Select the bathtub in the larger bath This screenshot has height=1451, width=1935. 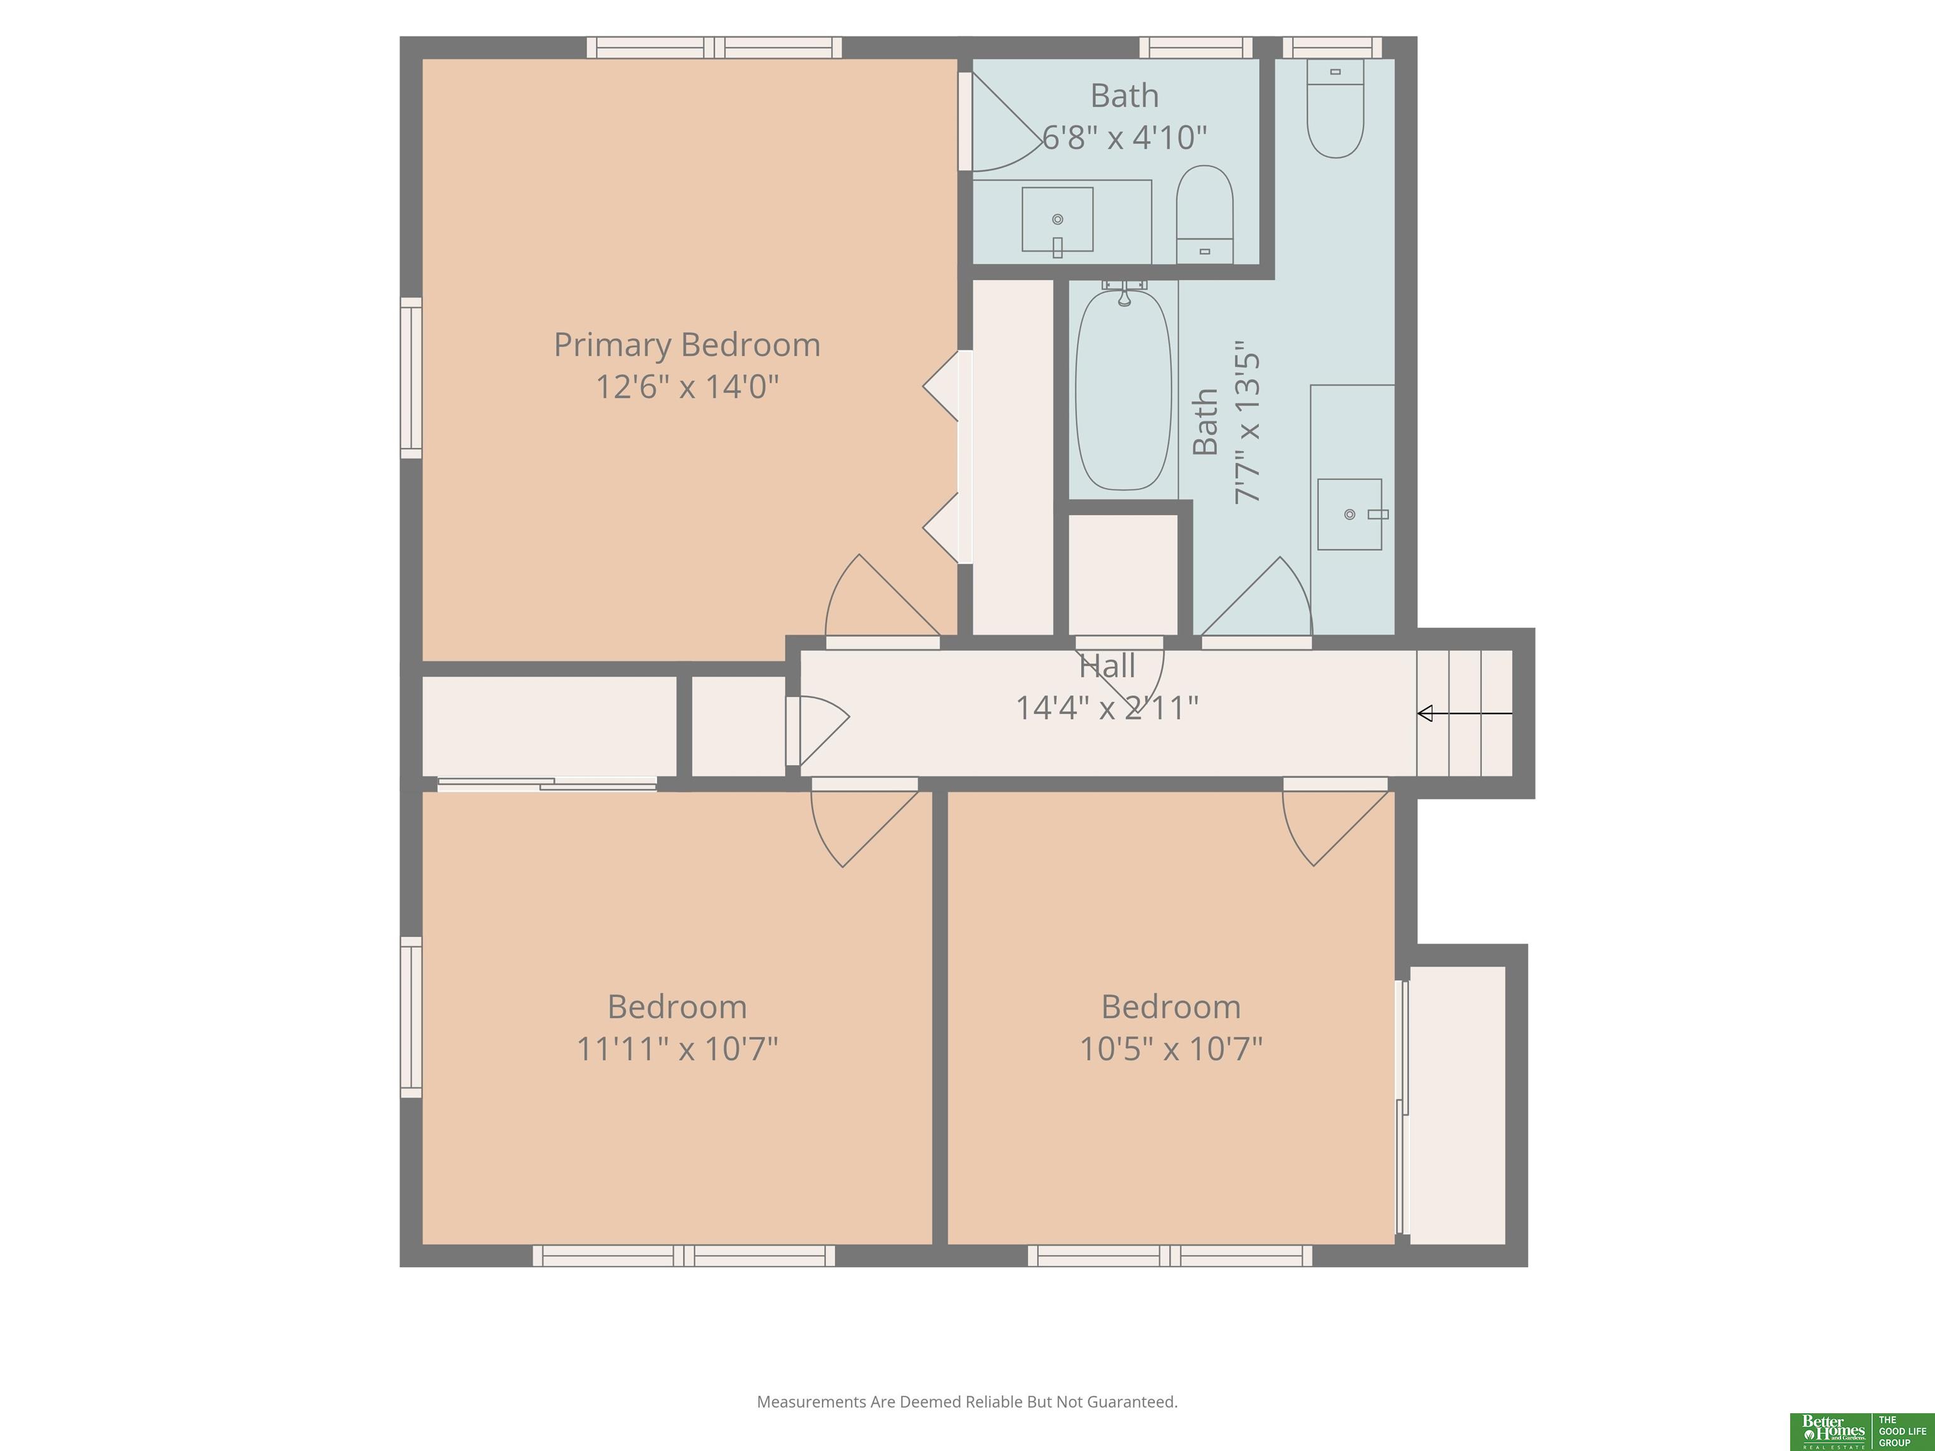tap(1123, 390)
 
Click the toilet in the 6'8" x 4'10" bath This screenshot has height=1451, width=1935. tap(1204, 214)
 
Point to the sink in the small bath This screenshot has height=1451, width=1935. tap(1058, 220)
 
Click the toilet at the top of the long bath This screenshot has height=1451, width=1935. tap(1335, 108)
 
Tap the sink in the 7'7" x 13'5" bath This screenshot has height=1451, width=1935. tap(1350, 515)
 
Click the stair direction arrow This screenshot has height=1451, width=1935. tap(1464, 714)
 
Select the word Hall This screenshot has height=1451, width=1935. tap(1107, 666)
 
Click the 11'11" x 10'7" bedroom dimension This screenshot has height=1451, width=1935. tap(677, 1048)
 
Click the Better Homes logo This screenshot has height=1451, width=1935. tap(1860, 1431)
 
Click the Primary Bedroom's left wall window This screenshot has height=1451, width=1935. tap(411, 378)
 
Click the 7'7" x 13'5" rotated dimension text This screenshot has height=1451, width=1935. tap(1247, 428)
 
